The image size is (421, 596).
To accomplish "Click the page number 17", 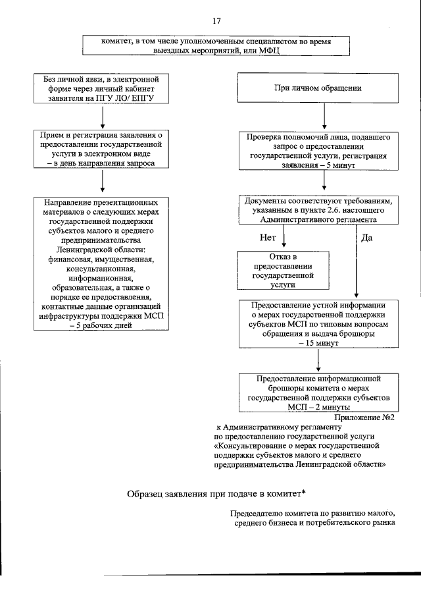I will pyautogui.click(x=216, y=21).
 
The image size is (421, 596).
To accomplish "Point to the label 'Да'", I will pyautogui.click(x=367, y=237).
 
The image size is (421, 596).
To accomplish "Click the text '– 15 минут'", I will pyautogui.click(x=318, y=344).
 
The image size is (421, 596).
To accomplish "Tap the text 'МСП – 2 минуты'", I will pyautogui.click(x=318, y=407).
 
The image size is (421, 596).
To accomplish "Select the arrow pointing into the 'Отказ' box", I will pyautogui.click(x=284, y=237).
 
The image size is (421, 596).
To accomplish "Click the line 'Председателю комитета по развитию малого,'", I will pyautogui.click(x=312, y=513).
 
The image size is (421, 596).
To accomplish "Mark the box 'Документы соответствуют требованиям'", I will pyautogui.click(x=318, y=211).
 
